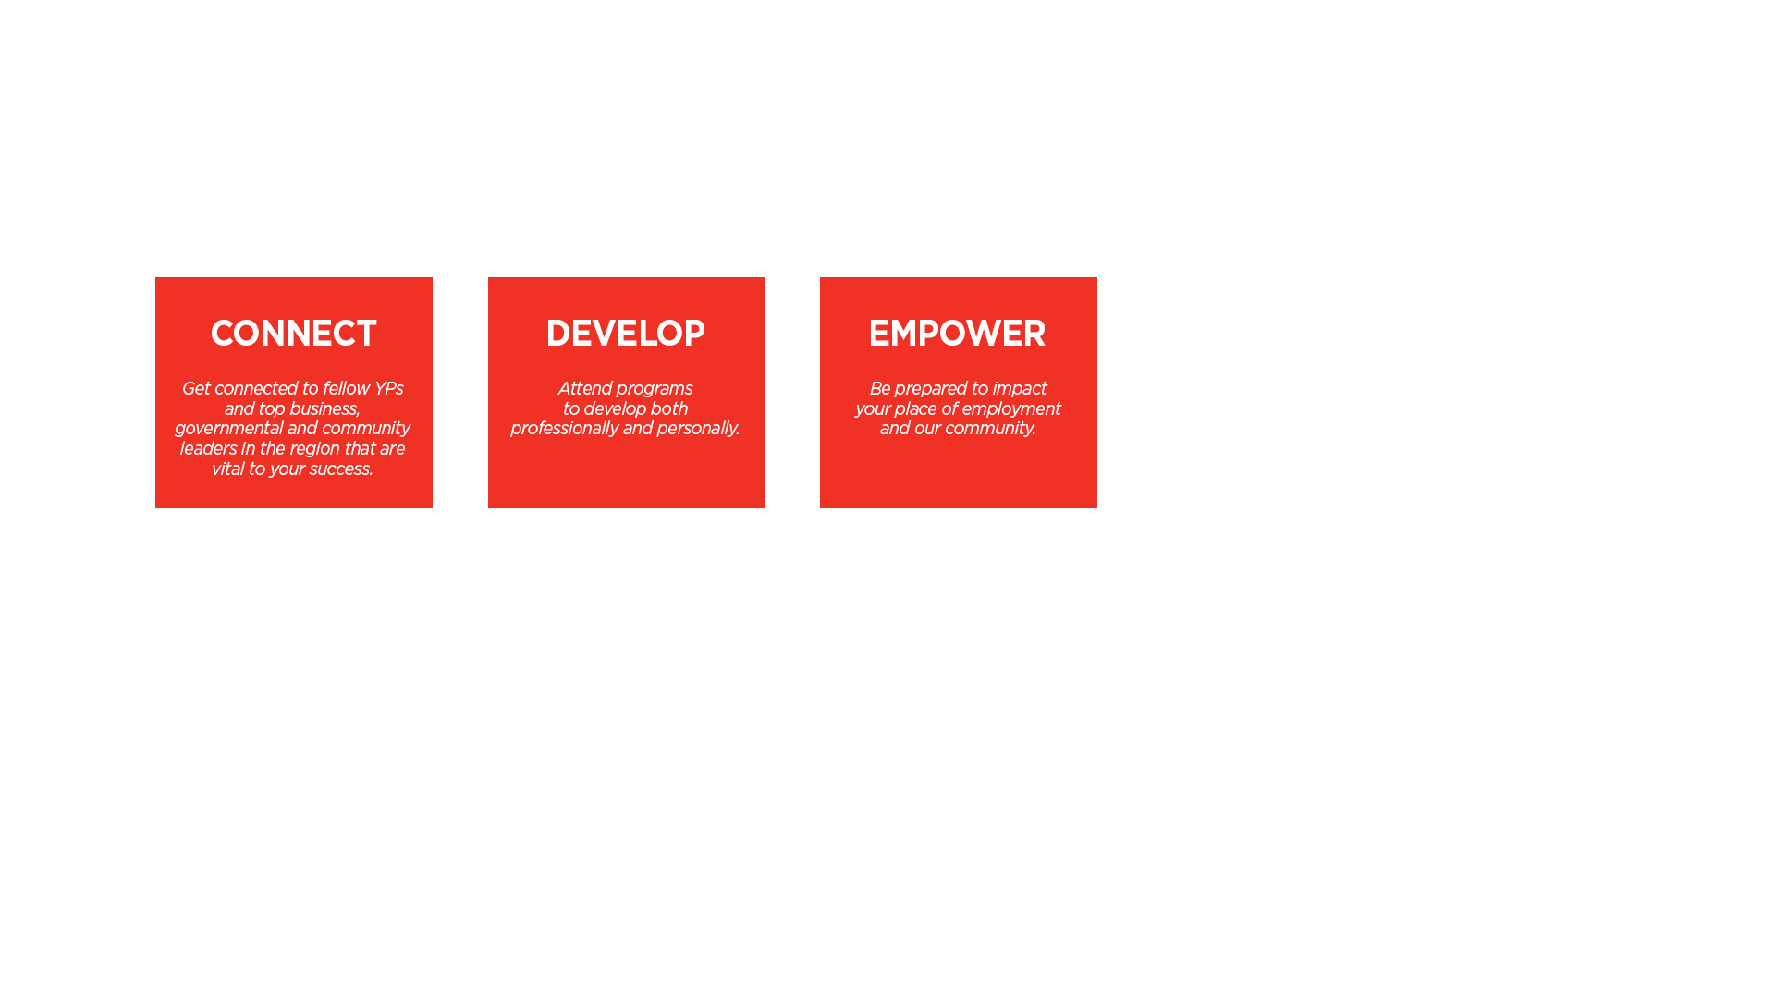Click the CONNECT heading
click(x=293, y=334)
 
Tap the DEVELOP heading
click(x=625, y=334)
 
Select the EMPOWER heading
click(x=957, y=334)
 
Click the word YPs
click(x=388, y=389)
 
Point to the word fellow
click(x=345, y=389)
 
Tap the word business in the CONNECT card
click(x=324, y=409)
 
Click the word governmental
click(x=228, y=430)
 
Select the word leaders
click(x=208, y=449)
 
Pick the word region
click(x=315, y=450)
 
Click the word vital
click(x=227, y=469)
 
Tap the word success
click(x=341, y=469)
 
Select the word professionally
click(x=564, y=430)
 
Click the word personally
click(x=698, y=430)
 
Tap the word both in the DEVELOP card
click(x=668, y=409)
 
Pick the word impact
click(x=1019, y=390)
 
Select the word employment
click(x=1010, y=410)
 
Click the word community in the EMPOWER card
click(x=990, y=430)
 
